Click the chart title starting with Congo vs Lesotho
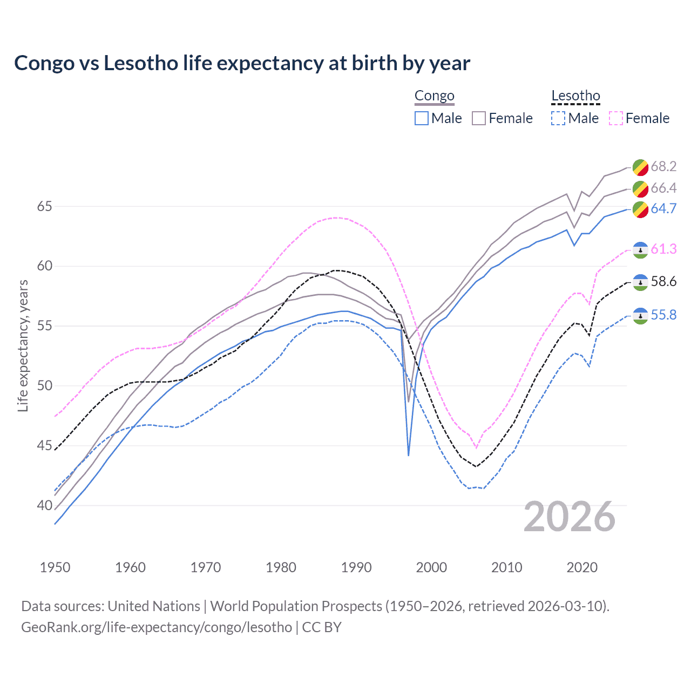242,63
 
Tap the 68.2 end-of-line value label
663,166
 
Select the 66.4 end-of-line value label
663,188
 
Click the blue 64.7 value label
663,208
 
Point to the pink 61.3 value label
663,249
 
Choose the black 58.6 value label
663,281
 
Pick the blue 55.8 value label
663,315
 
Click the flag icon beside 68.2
640,167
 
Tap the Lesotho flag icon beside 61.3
640,249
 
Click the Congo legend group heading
434,96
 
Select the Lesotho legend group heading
575,96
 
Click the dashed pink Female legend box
616,118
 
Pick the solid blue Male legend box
422,118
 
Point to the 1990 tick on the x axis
356,567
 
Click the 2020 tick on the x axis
582,567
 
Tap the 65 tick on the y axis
45,206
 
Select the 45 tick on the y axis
45,446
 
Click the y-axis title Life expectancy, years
23,345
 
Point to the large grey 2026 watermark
570,517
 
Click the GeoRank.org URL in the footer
157,627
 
